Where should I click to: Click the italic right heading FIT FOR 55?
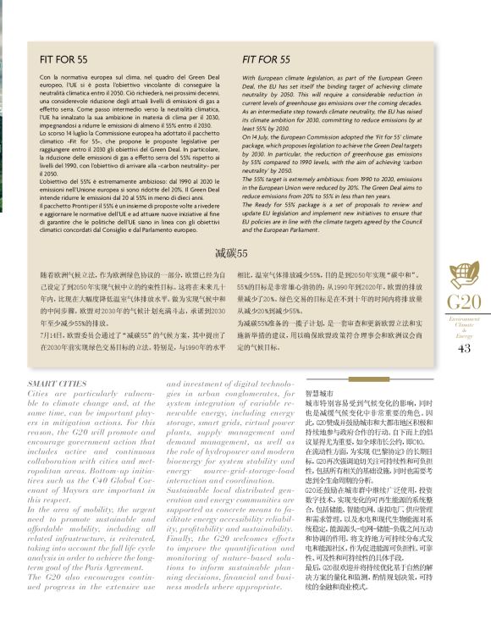pyautogui.click(x=266, y=60)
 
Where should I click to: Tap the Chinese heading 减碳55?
pyautogui.click(x=230, y=254)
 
